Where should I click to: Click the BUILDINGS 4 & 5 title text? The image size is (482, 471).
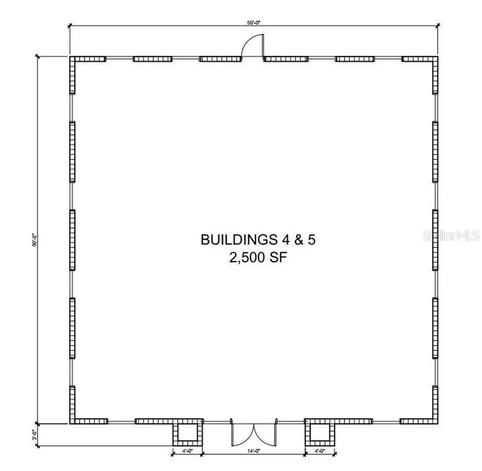click(x=258, y=239)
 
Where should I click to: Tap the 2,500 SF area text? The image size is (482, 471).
click(x=258, y=257)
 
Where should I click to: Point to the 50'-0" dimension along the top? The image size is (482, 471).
click(x=253, y=23)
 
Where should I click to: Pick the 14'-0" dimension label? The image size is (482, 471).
click(x=254, y=451)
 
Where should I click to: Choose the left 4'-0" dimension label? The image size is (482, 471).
click(x=187, y=451)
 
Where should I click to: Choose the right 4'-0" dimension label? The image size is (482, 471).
click(x=320, y=451)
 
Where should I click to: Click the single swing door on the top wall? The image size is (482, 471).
click(x=253, y=46)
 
